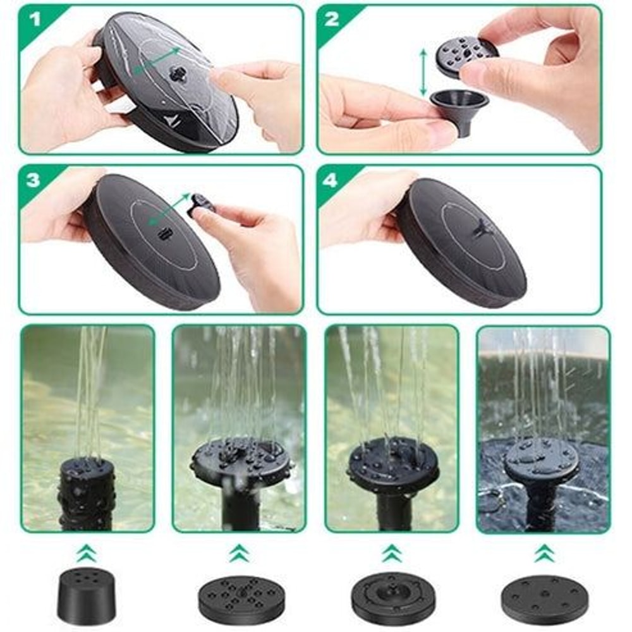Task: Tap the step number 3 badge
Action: (33, 180)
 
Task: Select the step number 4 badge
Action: (331, 180)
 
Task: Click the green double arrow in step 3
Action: (169, 209)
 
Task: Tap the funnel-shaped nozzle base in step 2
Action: (459, 108)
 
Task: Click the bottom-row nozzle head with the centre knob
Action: (392, 598)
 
